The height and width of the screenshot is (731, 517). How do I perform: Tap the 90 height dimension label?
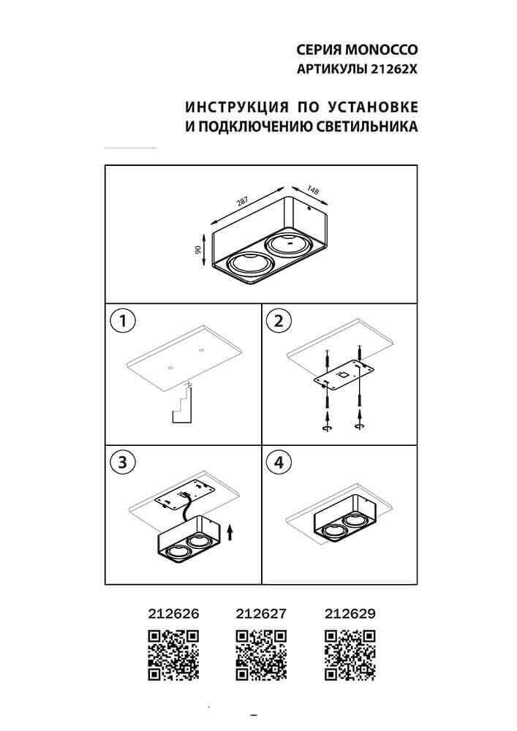tap(198, 249)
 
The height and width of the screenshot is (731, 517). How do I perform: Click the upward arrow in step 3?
tap(231, 531)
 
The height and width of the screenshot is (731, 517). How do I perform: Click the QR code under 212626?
tap(173, 654)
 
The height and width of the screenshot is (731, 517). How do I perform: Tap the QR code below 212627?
tap(261, 654)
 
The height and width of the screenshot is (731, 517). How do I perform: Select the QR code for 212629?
tap(349, 654)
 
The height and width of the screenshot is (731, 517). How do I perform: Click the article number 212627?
tap(261, 615)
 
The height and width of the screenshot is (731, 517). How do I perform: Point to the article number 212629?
tap(349, 615)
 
